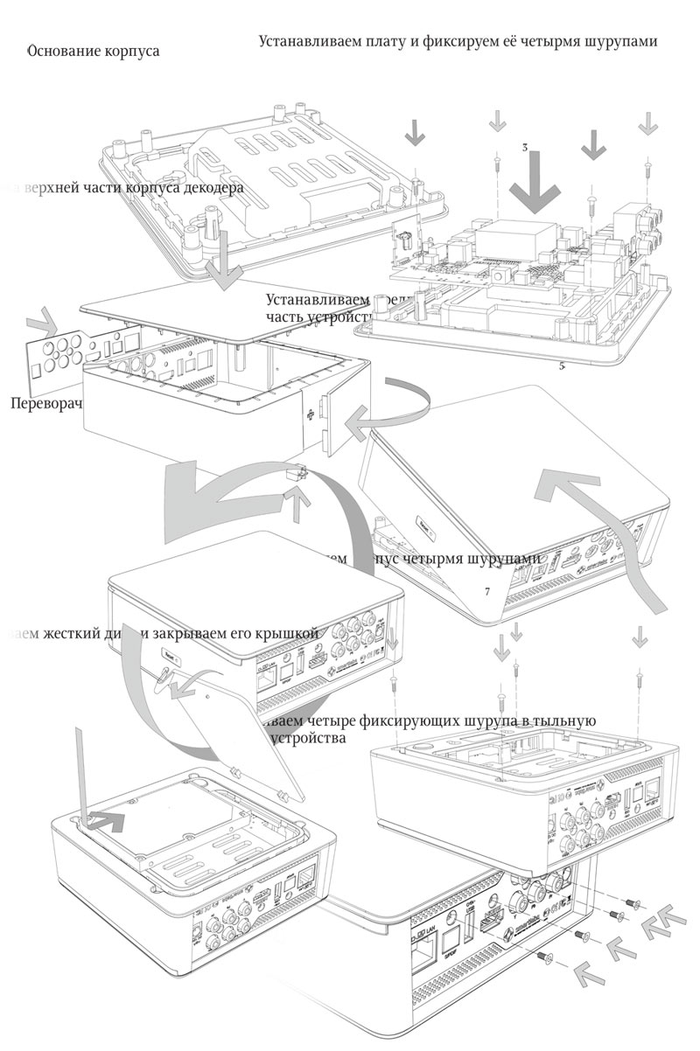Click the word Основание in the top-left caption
[63, 52]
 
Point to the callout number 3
[523, 149]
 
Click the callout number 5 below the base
[561, 366]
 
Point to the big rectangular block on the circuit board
[521, 236]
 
